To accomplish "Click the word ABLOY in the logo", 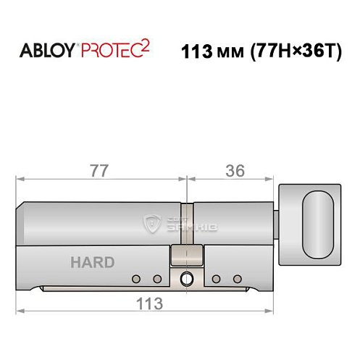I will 48,51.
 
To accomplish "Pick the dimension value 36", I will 234,171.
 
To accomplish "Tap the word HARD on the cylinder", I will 92,262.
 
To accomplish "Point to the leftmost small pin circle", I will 136,279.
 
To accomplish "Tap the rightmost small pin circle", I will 236,279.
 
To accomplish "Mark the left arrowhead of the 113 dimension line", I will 20,311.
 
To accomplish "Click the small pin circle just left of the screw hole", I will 156,279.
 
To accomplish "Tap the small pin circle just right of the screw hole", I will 217,279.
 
